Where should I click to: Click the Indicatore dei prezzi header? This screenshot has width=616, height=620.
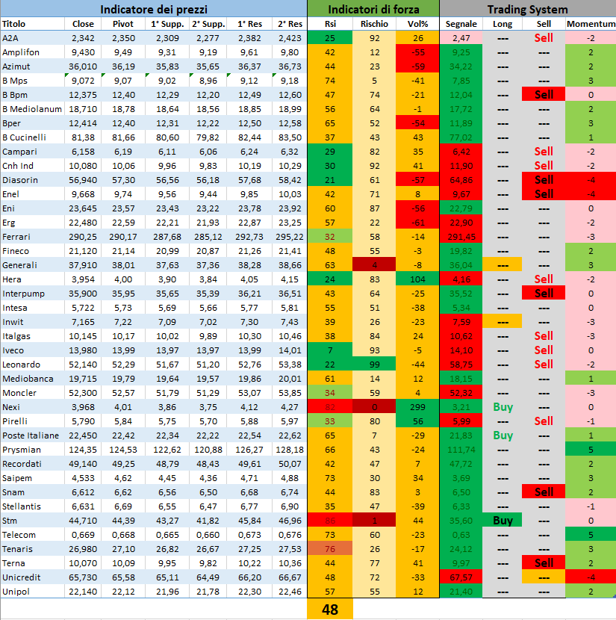click(x=153, y=9)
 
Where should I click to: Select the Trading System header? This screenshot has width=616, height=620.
click(x=527, y=9)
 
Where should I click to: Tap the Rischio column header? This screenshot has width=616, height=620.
click(x=373, y=24)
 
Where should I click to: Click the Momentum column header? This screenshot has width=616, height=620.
click(x=590, y=24)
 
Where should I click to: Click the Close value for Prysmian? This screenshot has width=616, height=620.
click(x=84, y=449)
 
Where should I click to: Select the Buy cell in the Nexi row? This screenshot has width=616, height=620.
click(x=503, y=407)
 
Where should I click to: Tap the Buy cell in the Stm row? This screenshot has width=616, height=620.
click(x=503, y=521)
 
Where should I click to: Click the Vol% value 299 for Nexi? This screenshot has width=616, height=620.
click(x=417, y=407)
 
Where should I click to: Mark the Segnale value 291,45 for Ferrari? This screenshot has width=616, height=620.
click(x=461, y=236)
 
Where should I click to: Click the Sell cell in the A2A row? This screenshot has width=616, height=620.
click(x=544, y=37)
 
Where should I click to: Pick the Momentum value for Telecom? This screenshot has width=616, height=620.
click(x=590, y=535)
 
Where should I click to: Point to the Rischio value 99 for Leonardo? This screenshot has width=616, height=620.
click(x=373, y=365)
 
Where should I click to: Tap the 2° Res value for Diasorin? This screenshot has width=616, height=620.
click(x=289, y=179)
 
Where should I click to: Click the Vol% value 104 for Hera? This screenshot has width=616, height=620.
click(x=417, y=279)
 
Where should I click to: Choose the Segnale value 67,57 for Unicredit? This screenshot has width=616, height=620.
click(x=461, y=577)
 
